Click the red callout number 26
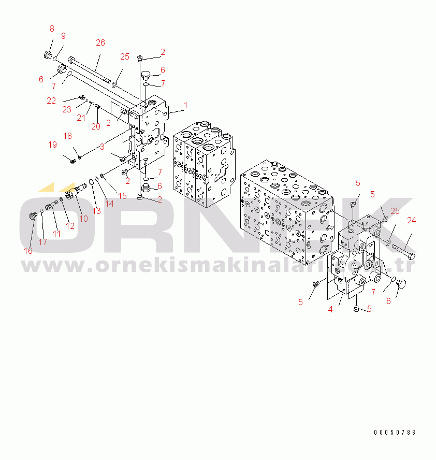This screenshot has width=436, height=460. click(x=100, y=43)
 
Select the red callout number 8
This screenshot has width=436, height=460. click(x=52, y=29)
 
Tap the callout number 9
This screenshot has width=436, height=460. click(x=63, y=36)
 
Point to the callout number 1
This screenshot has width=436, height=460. click(x=185, y=105)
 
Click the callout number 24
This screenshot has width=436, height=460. click(x=411, y=220)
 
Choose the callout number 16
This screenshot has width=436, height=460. click(x=28, y=251)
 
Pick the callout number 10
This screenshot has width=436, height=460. click(x=83, y=219)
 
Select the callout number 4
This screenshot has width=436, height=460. click(x=330, y=309)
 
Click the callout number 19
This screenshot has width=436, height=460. click(x=52, y=145)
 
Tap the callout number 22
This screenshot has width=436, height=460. click(x=51, y=100)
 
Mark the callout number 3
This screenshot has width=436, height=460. click(x=102, y=147)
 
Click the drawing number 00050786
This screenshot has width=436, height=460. click(x=395, y=432)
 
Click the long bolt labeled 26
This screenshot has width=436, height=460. click(x=89, y=69)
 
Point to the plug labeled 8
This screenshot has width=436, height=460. click(x=48, y=54)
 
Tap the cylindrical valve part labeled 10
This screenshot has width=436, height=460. click(x=76, y=191)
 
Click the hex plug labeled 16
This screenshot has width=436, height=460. click(x=33, y=217)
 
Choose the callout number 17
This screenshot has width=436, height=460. click(x=42, y=242)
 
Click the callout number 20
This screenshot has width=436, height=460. click(x=96, y=127)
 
